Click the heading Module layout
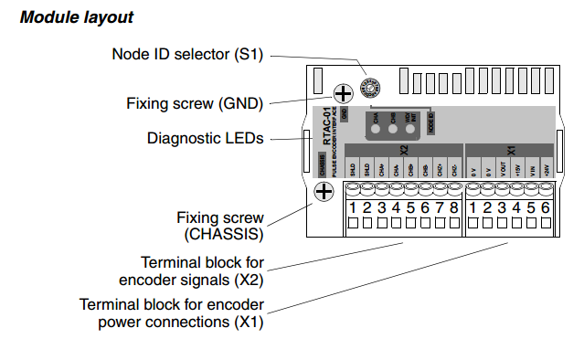coord(78,17)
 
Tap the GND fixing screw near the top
coord(343,92)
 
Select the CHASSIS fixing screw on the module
coord(324,191)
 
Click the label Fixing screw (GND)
coord(195,103)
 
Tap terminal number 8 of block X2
coord(454,208)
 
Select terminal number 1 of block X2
coord(352,208)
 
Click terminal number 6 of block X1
coord(546,208)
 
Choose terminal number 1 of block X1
coord(473,208)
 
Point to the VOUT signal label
coord(503,170)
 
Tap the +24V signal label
coord(547,170)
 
